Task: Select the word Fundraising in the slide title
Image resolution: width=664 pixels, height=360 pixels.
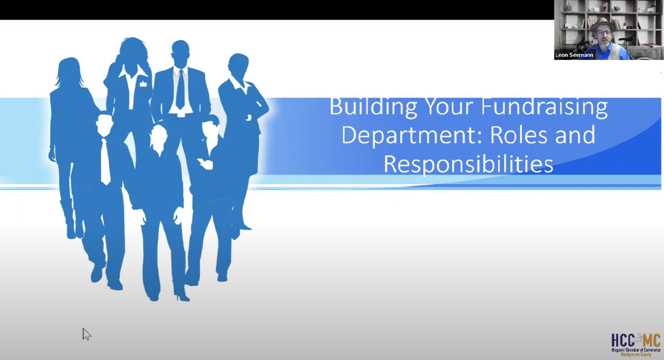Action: (544, 107)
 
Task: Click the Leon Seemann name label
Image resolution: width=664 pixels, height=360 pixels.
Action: (574, 55)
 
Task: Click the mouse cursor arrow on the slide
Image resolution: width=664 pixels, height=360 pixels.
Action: (86, 334)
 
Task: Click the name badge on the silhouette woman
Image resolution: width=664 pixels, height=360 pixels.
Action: (143, 84)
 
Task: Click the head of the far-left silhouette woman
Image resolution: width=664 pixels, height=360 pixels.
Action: (70, 70)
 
